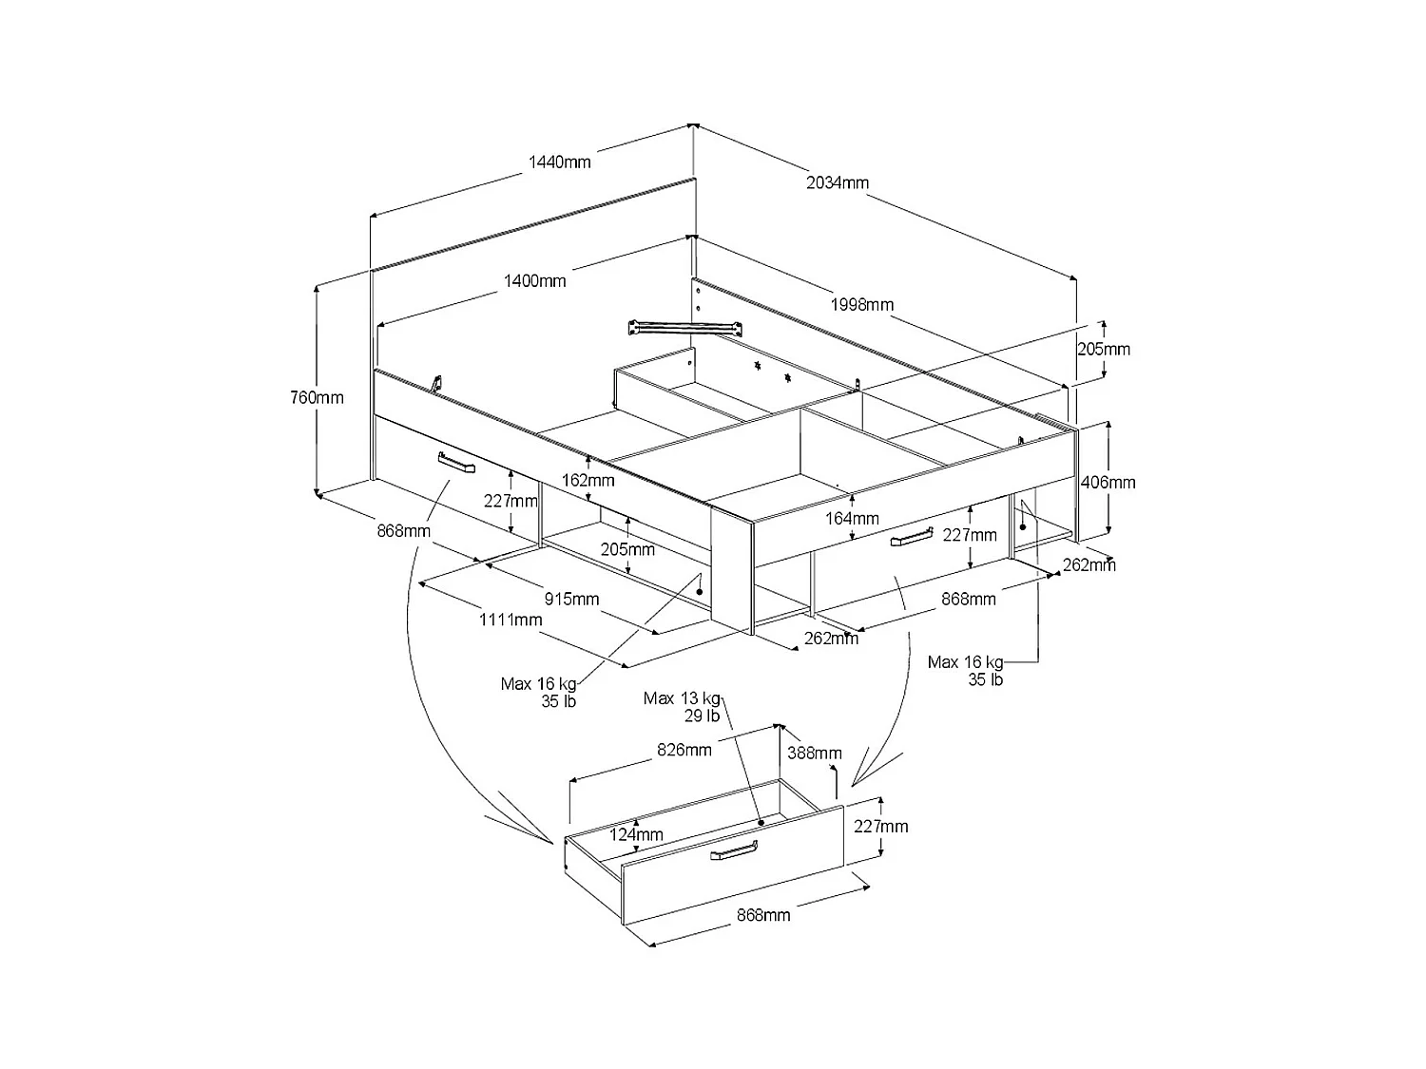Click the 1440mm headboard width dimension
point(559,162)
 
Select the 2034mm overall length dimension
point(837,182)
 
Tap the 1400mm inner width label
point(534,280)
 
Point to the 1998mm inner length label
point(861,304)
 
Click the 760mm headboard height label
point(317,397)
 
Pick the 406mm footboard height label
point(1108,482)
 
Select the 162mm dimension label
point(589,480)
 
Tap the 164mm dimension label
point(852,519)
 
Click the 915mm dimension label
point(571,599)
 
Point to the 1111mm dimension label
point(511,620)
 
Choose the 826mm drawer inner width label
point(684,750)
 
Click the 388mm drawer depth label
point(815,754)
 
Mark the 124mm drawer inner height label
point(636,834)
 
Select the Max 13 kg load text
point(682,698)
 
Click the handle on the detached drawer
point(734,851)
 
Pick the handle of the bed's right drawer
point(911,538)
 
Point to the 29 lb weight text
point(702,716)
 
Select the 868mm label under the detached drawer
point(762,915)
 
